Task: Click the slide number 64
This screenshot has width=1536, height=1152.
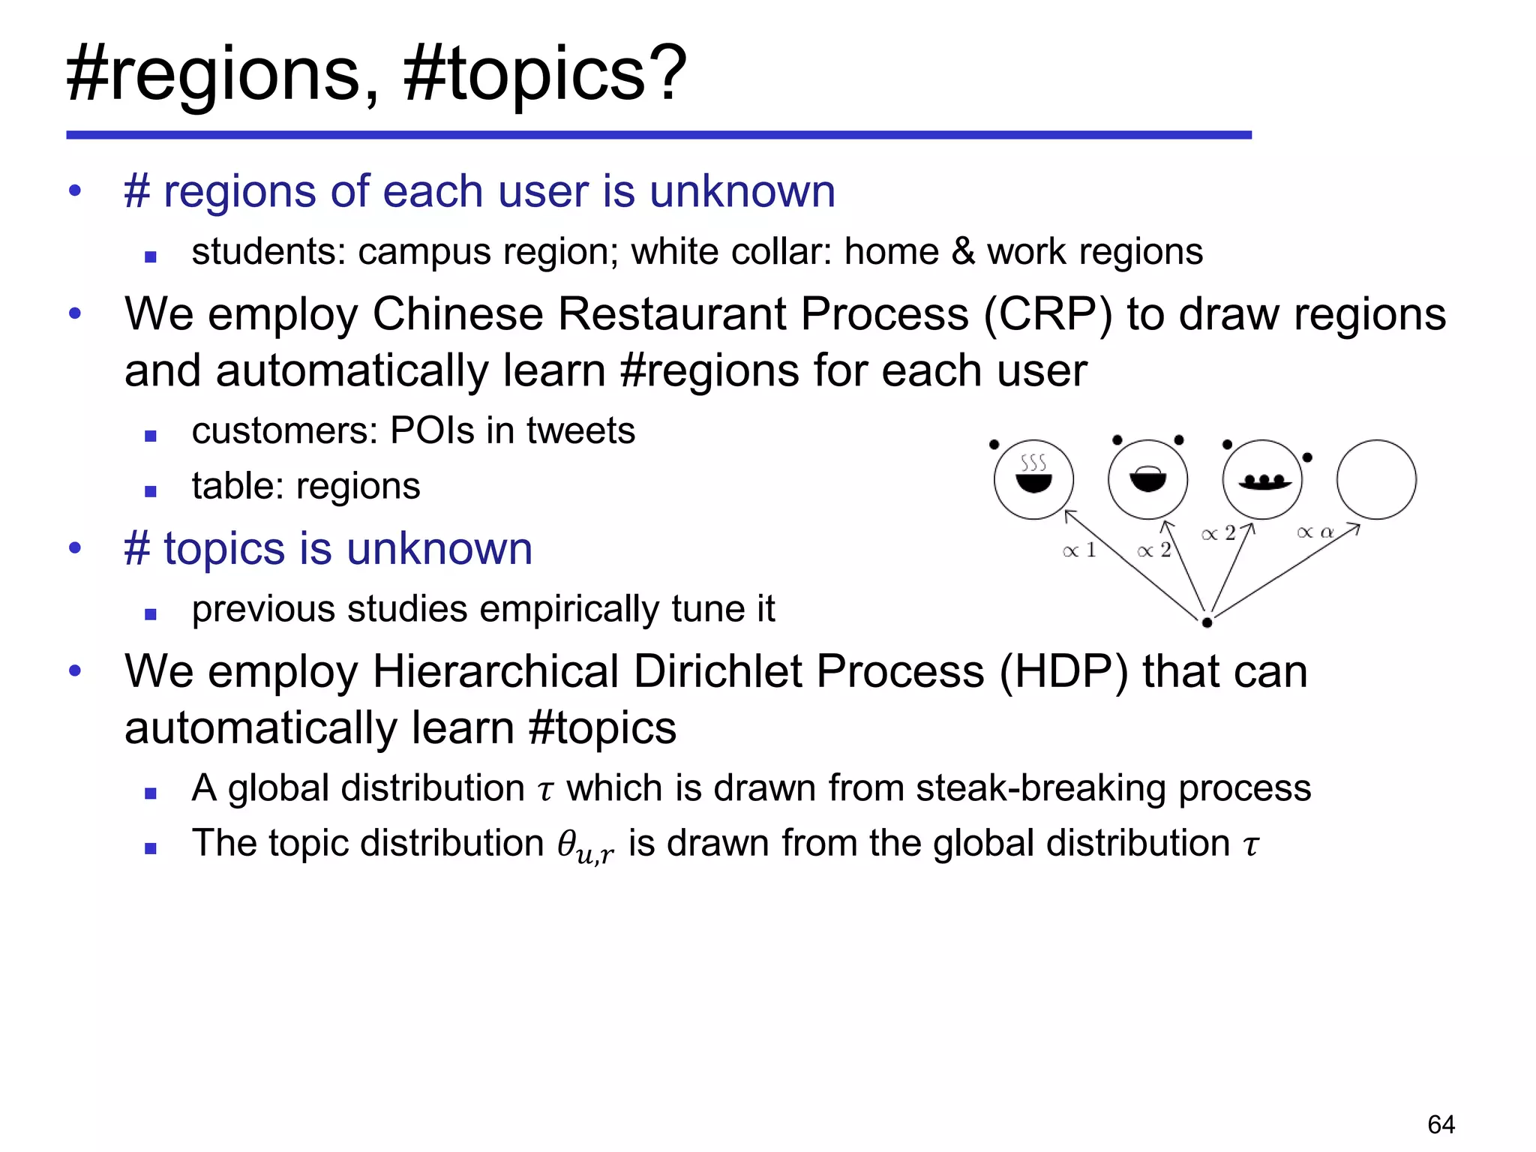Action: (1441, 1124)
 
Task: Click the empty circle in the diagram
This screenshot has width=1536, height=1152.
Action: (1376, 479)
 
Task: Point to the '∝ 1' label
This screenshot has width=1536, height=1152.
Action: (1079, 550)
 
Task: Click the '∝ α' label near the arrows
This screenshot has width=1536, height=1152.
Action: (1315, 532)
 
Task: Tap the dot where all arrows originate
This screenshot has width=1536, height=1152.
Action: (1207, 622)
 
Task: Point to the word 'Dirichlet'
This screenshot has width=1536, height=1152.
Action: (718, 671)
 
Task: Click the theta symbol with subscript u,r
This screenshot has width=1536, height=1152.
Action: (585, 845)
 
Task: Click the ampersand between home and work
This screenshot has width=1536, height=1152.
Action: (963, 252)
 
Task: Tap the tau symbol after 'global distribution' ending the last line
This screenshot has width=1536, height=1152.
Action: (1250, 845)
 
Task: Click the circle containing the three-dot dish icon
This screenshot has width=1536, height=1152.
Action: (1262, 479)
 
